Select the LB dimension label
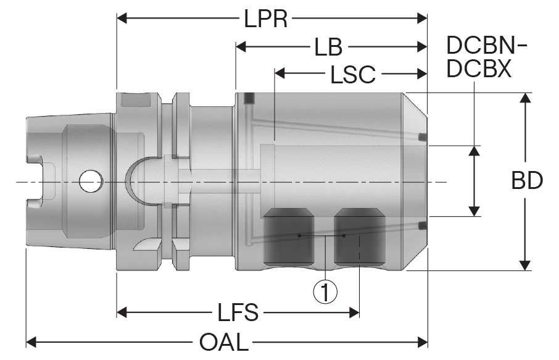pyautogui.click(x=328, y=47)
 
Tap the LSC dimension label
pyautogui.click(x=352, y=74)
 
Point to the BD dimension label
pyautogui.click(x=526, y=181)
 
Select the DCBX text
pyautogui.click(x=479, y=69)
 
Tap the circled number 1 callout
pyautogui.click(x=325, y=290)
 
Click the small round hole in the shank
pyautogui.click(x=91, y=181)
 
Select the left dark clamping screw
pyautogui.click(x=288, y=235)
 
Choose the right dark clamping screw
pyautogui.click(x=360, y=235)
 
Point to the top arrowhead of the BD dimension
pyautogui.click(x=525, y=98)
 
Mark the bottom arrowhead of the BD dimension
pyautogui.click(x=525, y=265)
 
